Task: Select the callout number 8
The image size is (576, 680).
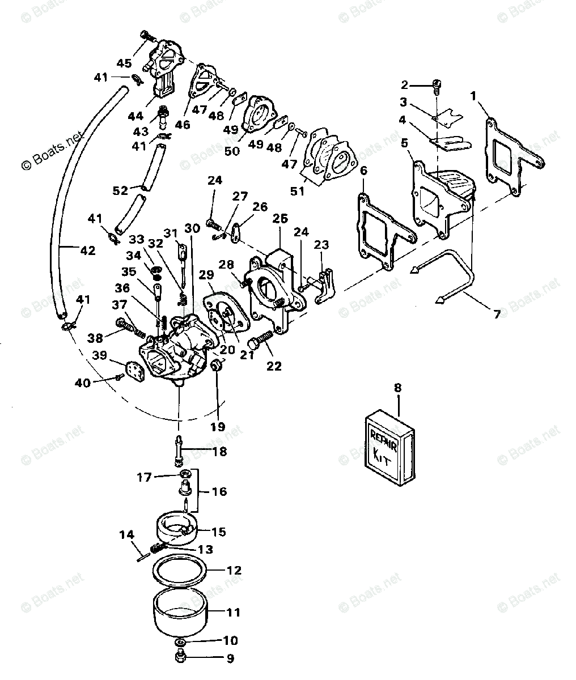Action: (x=397, y=389)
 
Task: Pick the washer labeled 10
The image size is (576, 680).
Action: (x=180, y=641)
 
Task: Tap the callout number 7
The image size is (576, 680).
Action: (x=497, y=314)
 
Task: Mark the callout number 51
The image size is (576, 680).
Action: (x=297, y=191)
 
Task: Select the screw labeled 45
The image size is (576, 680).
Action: (x=147, y=37)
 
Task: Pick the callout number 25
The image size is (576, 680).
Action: (x=280, y=219)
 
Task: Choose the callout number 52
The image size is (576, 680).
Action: (x=120, y=191)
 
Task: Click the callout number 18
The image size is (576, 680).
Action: (x=219, y=452)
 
